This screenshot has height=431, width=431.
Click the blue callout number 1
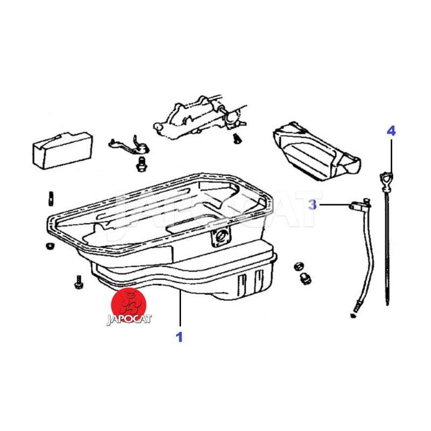tap(179, 337)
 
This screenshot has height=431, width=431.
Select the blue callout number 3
tap(312, 205)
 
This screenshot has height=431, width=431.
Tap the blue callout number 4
tap(391, 130)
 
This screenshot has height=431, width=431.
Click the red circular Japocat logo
tap(128, 305)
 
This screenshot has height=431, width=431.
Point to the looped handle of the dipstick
tap(386, 182)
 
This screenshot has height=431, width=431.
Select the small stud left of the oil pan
tap(51, 198)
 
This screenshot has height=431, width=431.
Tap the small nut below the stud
tap(50, 246)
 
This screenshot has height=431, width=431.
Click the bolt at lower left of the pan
tap(79, 282)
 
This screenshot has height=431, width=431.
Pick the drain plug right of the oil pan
tap(305, 279)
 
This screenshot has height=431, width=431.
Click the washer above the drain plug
tap(298, 266)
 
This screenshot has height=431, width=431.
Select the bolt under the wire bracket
tap(141, 164)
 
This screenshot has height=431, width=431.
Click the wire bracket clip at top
tap(129, 145)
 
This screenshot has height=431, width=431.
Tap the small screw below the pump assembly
tap(236, 138)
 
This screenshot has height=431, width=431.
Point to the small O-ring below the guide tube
tap(353, 315)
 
